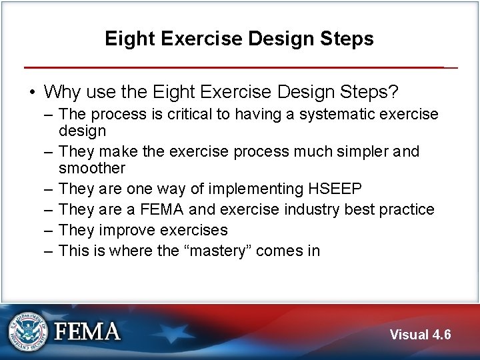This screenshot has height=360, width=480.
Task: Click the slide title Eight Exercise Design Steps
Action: point(239,39)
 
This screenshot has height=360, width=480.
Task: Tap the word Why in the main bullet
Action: point(61,90)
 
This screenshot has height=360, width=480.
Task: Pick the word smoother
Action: point(92,168)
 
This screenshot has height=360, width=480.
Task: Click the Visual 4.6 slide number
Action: point(420,335)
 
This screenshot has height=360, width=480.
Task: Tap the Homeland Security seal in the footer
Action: point(28,331)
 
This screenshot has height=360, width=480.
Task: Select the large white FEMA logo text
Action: point(87,331)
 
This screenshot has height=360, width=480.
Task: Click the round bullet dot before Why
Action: point(32,91)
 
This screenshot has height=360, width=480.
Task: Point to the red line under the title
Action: point(239,67)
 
